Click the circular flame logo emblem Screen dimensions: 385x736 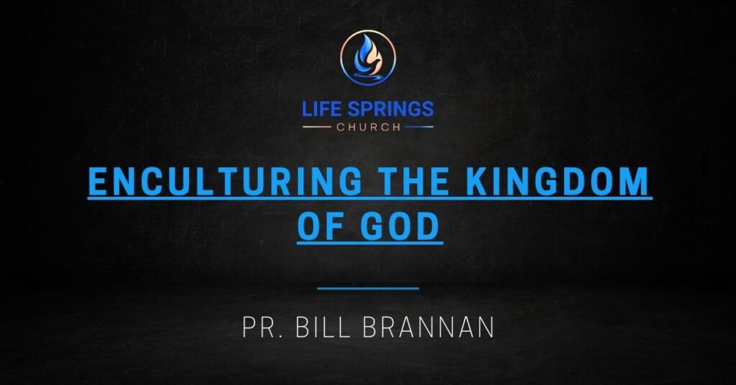click(x=368, y=58)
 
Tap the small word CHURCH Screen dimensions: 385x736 click(x=368, y=128)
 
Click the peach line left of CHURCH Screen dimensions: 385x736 click(x=316, y=128)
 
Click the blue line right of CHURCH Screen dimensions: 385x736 click(x=420, y=128)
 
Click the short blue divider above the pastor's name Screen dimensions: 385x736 click(x=368, y=289)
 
